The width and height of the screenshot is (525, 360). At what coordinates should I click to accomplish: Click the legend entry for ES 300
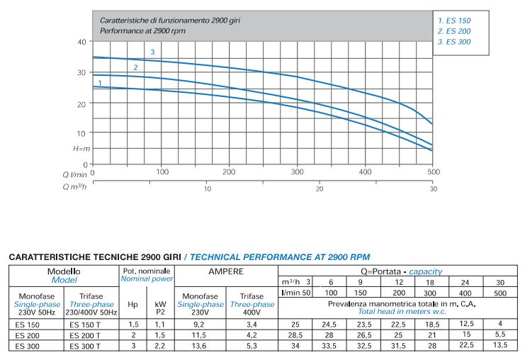click(454, 43)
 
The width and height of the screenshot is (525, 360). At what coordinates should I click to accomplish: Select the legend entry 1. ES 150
click(454, 21)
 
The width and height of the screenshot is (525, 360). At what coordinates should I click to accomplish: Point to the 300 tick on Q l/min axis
click(298, 172)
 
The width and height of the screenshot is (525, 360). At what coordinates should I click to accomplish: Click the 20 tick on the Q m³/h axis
click(320, 189)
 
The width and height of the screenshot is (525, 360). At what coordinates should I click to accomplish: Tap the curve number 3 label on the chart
click(152, 52)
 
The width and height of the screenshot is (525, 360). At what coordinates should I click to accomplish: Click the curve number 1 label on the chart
click(100, 83)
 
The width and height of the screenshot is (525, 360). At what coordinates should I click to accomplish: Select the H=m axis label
click(81, 149)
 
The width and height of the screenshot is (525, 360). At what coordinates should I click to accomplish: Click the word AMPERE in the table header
click(226, 271)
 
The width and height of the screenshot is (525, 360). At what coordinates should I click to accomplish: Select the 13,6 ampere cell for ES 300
click(200, 346)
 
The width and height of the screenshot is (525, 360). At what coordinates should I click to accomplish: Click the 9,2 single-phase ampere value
click(200, 324)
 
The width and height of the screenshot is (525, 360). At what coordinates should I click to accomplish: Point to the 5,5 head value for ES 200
click(500, 334)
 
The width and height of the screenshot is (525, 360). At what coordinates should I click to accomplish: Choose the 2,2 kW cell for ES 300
click(160, 346)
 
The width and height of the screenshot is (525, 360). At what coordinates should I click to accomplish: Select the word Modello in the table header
click(64, 271)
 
